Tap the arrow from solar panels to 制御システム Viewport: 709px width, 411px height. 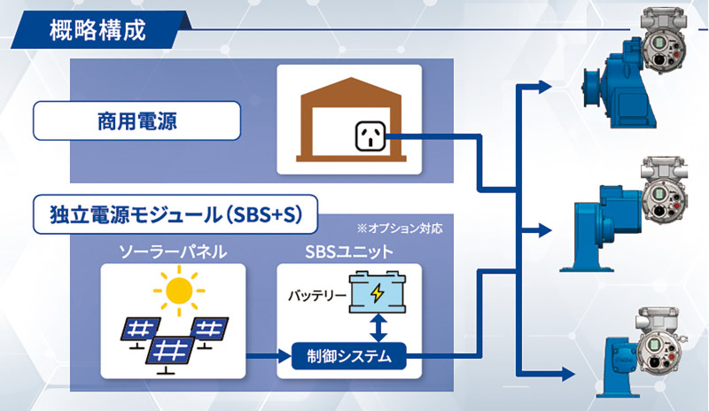pos(266,357)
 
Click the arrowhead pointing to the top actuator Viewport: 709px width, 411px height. pos(542,87)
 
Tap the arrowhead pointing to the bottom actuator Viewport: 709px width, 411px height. pos(542,371)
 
